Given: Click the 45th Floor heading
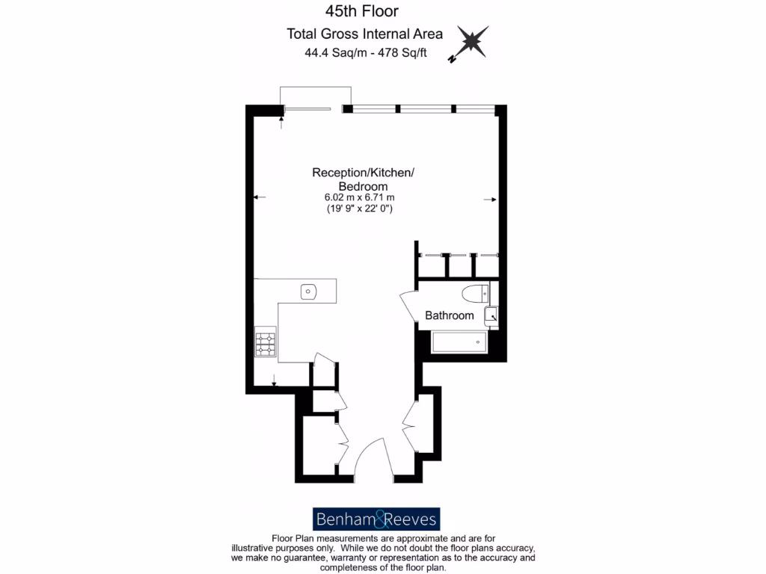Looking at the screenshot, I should click(361, 11).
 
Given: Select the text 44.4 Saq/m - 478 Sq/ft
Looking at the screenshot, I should click(365, 53).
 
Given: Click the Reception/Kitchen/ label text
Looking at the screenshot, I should click(363, 173).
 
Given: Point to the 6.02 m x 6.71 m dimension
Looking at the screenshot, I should click(359, 197).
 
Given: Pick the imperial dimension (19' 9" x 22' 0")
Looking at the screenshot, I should click(359, 209).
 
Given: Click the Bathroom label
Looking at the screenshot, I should click(450, 315).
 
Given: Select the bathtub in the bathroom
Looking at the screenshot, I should click(460, 343).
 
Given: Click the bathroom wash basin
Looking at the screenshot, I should click(491, 316).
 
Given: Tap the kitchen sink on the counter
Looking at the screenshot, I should click(309, 291).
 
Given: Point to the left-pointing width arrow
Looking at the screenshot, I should click(259, 197).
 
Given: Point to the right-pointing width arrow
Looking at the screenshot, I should click(490, 200).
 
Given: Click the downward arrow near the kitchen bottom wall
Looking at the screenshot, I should click(275, 380).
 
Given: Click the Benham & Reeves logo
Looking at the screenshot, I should click(376, 519).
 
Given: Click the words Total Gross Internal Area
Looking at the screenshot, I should click(364, 34).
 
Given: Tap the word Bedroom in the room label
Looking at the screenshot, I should click(363, 186).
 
